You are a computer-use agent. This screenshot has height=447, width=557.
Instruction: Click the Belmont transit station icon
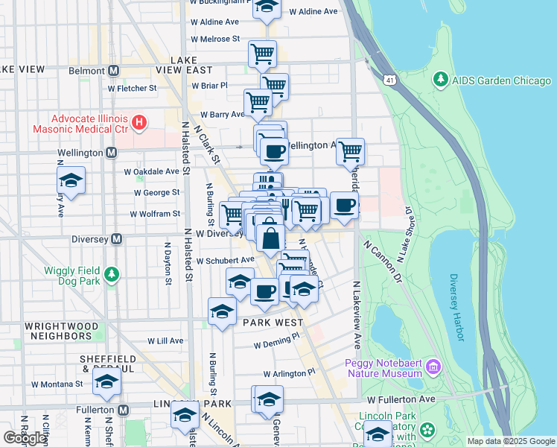(x=114, y=71)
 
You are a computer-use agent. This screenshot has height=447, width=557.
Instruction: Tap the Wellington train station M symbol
(x=111, y=153)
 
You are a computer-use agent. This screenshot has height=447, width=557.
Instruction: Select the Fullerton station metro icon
(x=124, y=410)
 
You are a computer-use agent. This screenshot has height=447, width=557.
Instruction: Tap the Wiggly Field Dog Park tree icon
(x=112, y=275)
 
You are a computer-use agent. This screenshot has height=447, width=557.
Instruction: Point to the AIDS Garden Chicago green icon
(x=442, y=79)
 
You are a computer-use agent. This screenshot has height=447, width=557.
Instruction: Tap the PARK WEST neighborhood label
(x=273, y=323)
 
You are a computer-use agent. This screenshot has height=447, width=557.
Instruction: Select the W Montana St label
(x=57, y=384)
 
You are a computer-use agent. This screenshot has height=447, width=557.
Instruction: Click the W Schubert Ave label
(x=226, y=261)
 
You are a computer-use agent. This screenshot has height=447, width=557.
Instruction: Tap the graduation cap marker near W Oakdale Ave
(x=71, y=180)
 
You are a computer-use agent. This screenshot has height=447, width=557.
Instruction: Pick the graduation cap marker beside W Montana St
(x=106, y=381)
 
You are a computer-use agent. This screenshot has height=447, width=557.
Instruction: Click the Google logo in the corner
(x=25, y=438)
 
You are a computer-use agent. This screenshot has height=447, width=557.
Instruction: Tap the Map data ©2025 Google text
(x=511, y=441)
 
